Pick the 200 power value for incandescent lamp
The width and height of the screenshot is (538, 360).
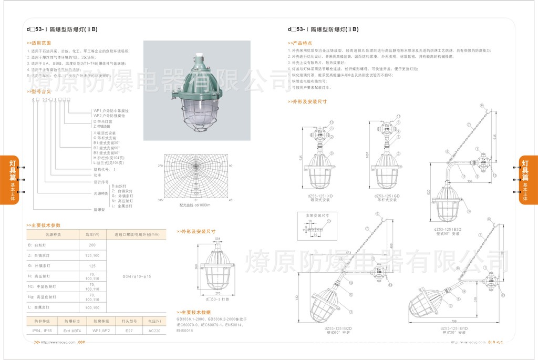click(x=92, y=245)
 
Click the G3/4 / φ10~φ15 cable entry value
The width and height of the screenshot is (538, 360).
click(x=137, y=276)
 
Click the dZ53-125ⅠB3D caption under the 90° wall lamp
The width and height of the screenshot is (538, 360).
click(x=450, y=229)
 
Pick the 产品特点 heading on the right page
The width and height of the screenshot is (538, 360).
click(x=302, y=43)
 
